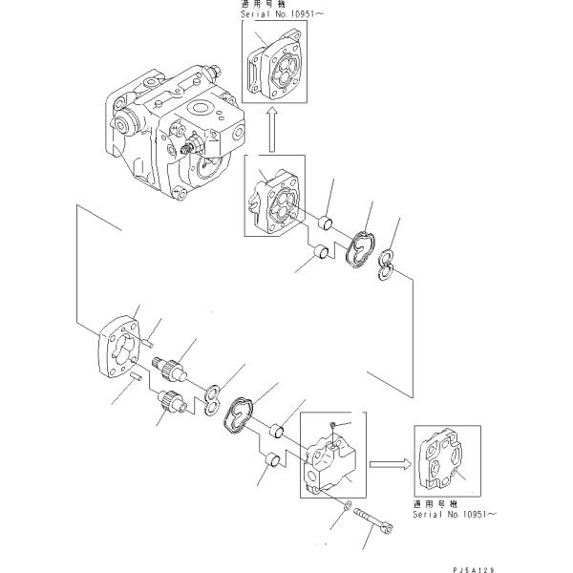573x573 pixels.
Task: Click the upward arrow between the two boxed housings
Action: [x=271, y=128]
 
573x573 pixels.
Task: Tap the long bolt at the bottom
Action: [x=373, y=523]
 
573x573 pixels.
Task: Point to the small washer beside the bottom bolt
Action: [x=348, y=502]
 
